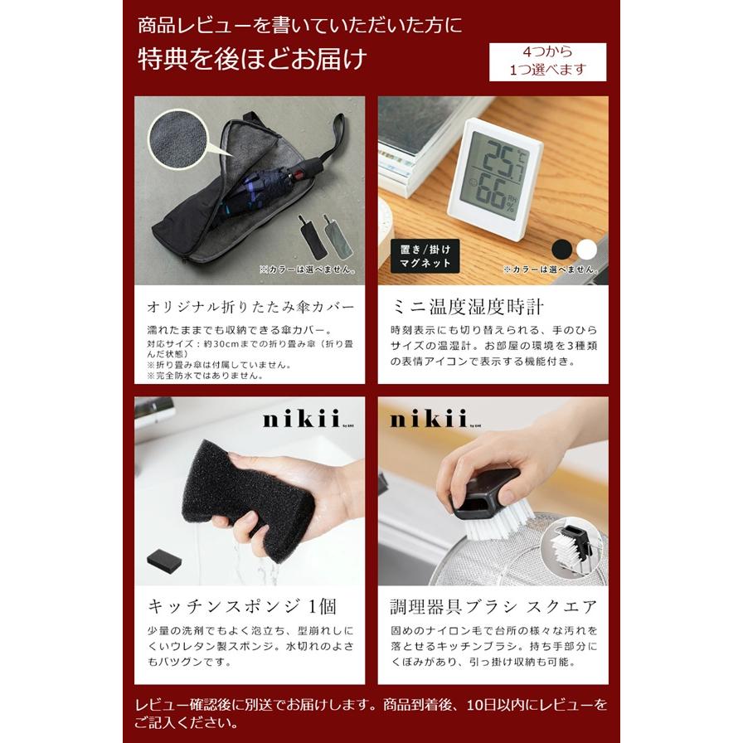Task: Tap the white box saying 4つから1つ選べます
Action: pyautogui.click(x=547, y=61)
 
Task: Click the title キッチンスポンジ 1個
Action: pyautogui.click(x=241, y=606)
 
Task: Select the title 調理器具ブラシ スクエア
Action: pyautogui.click(x=493, y=606)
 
